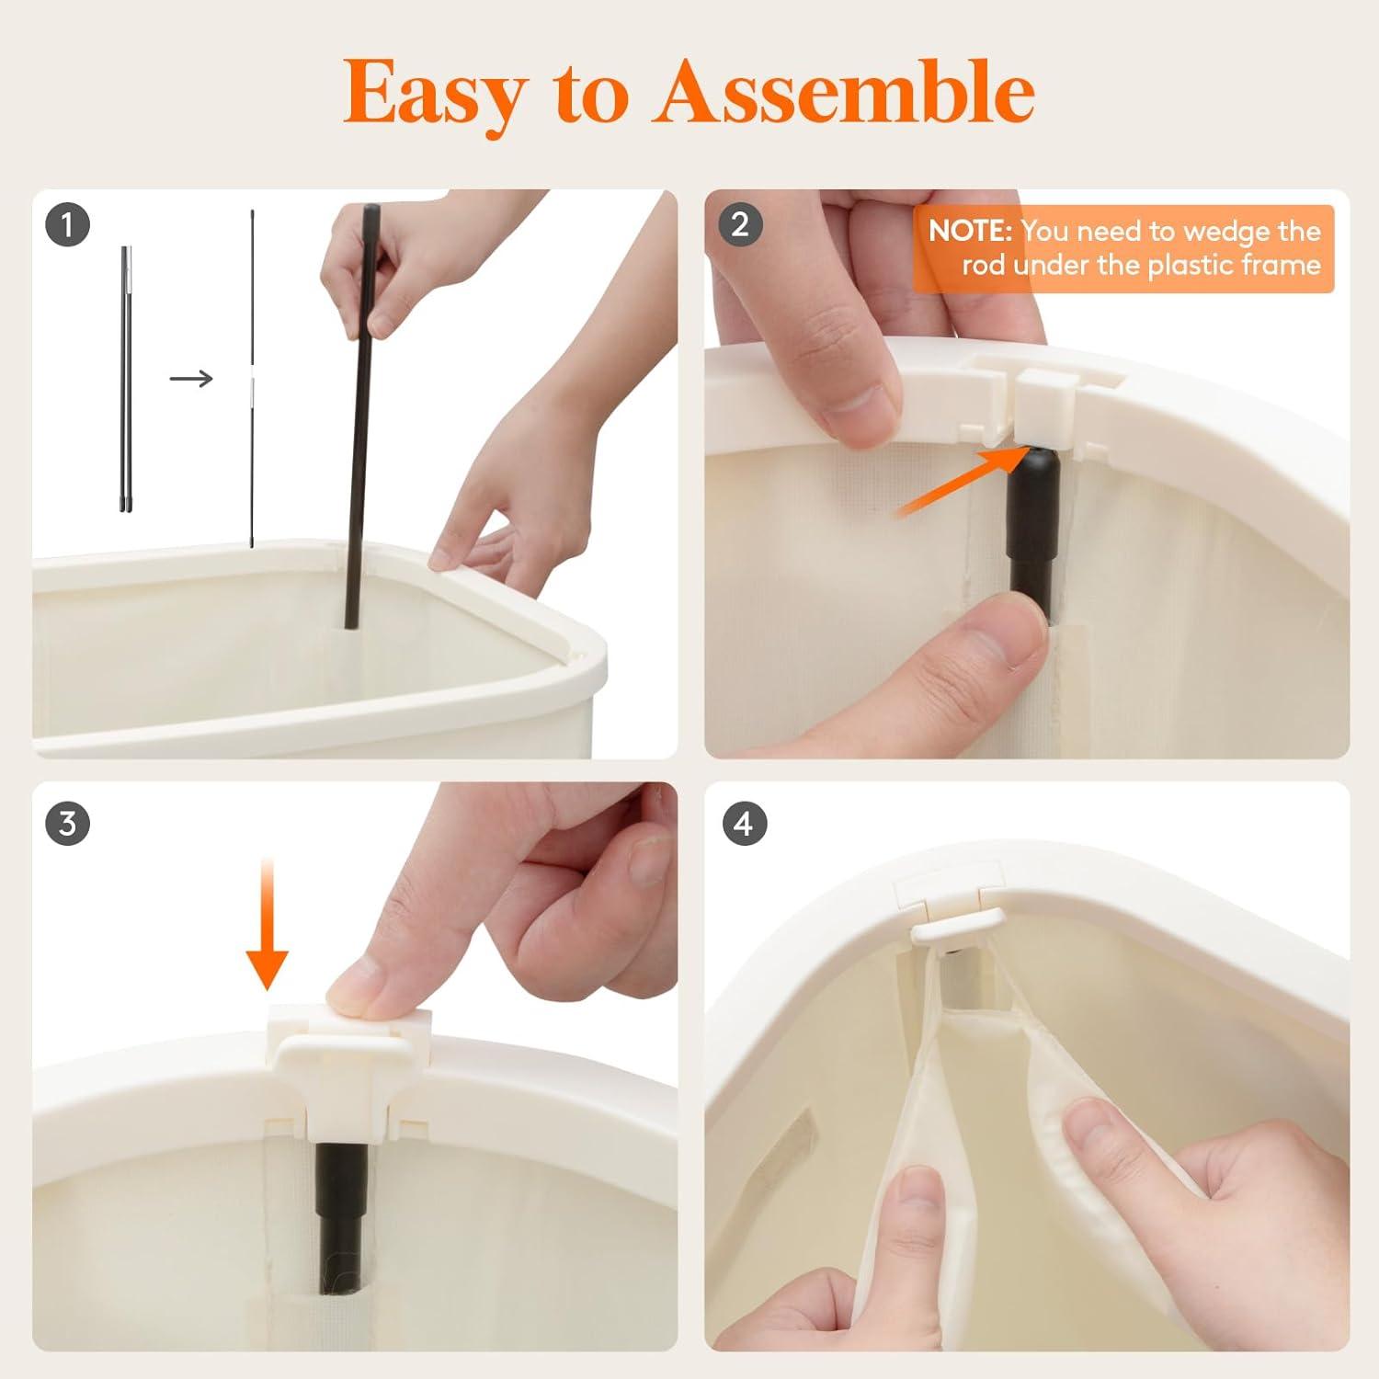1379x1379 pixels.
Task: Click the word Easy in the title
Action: pyautogui.click(x=435, y=94)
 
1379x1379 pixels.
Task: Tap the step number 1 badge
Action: pyautogui.click(x=67, y=224)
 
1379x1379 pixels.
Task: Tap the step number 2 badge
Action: pyautogui.click(x=740, y=224)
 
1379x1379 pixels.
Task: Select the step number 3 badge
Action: pyautogui.click(x=67, y=823)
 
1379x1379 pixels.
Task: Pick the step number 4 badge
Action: pyautogui.click(x=744, y=823)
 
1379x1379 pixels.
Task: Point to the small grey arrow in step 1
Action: pyautogui.click(x=191, y=378)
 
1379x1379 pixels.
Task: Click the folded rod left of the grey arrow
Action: pyautogui.click(x=125, y=378)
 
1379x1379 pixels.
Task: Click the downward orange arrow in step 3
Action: pyautogui.click(x=267, y=923)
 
